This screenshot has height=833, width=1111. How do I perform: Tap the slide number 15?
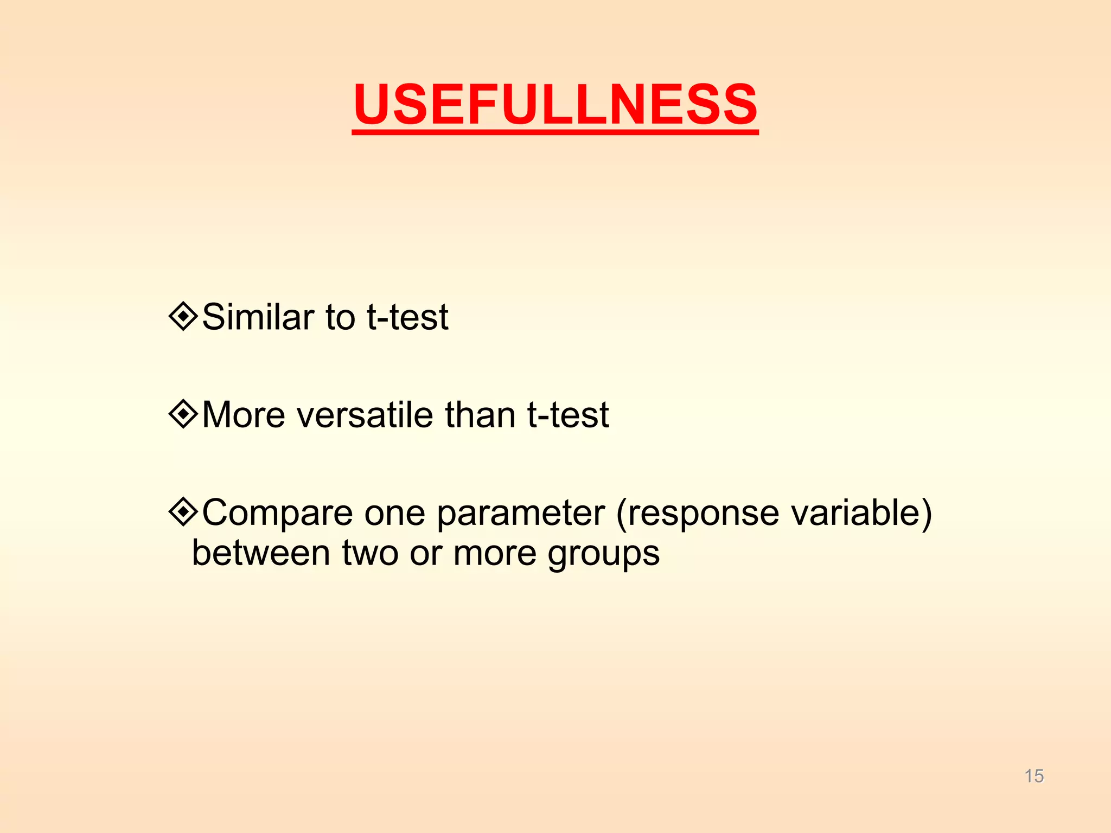tap(1034, 776)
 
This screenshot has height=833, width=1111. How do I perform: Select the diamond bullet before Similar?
tap(183, 316)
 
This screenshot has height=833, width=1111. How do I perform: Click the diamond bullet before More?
tap(183, 414)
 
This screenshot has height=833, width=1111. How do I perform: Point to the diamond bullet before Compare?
tap(183, 511)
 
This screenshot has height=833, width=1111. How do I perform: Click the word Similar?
tap(258, 317)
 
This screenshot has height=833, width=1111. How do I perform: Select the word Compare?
tap(277, 513)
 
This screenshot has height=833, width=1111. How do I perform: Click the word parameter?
tap(521, 513)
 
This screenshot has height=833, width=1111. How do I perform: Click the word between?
tap(261, 553)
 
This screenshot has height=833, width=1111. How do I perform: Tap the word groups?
tap(603, 554)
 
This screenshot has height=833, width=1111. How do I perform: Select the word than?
tap(480, 415)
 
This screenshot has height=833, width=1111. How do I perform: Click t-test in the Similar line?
tap(407, 317)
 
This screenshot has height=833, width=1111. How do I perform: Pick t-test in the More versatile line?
tap(568, 415)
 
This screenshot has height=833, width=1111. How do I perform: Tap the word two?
tap(370, 553)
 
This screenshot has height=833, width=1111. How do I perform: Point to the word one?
tap(394, 513)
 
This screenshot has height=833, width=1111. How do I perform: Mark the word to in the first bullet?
tap(340, 317)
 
